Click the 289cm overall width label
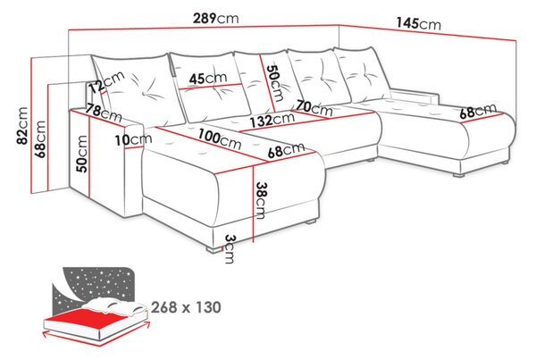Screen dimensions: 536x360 215,18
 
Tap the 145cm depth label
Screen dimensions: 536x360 418,23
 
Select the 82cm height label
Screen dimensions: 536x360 23,125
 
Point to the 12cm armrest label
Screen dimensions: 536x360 106,82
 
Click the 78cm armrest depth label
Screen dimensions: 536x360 104,113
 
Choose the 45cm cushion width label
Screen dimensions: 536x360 208,79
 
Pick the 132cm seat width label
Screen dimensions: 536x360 272,120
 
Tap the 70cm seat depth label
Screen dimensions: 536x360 314,108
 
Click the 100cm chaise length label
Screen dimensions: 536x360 220,139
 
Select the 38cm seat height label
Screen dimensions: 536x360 261,200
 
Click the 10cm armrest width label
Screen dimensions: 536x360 133,139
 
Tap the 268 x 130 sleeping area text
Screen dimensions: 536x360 186,307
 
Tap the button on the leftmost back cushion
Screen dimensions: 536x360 145,93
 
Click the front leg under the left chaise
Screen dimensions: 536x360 214,250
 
